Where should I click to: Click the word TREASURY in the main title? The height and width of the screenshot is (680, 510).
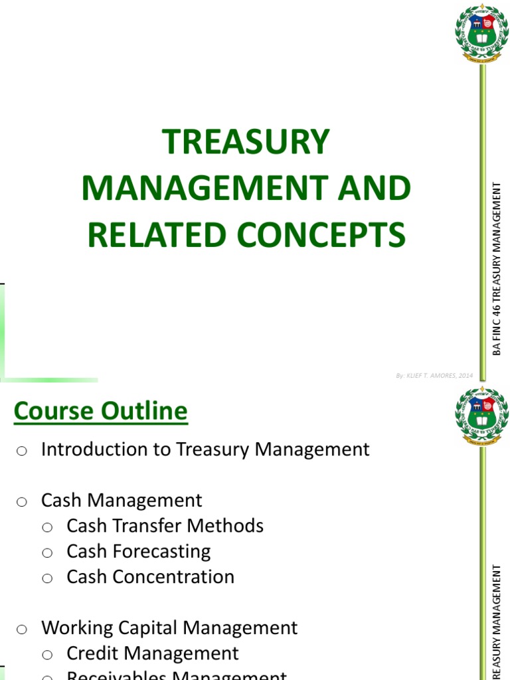click(x=246, y=142)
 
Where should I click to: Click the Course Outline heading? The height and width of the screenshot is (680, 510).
click(x=101, y=411)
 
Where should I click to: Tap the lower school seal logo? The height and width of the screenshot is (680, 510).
click(x=481, y=414)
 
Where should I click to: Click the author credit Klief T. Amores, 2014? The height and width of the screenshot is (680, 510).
click(x=434, y=375)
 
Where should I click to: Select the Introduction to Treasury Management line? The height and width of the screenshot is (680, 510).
click(x=205, y=450)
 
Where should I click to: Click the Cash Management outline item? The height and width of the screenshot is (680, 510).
click(x=122, y=500)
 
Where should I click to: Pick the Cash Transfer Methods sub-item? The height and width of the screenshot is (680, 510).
click(x=165, y=526)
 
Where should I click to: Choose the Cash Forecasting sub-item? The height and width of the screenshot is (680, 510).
click(x=138, y=551)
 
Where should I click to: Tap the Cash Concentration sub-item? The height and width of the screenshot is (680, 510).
click(x=150, y=576)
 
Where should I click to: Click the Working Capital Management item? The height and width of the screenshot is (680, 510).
click(x=169, y=628)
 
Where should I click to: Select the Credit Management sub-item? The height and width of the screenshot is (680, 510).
click(x=152, y=653)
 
